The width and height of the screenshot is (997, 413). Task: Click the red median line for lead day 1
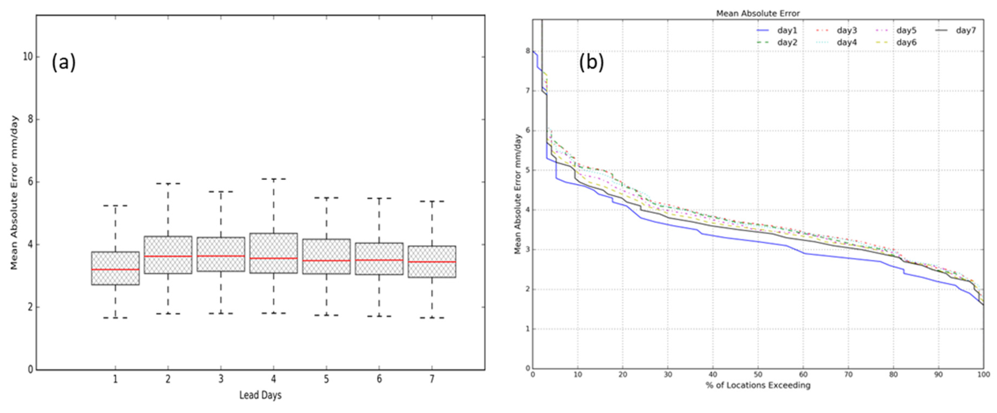click(x=115, y=269)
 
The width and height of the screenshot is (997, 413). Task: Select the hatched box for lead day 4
click(x=274, y=253)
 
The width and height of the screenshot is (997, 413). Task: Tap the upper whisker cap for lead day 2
click(x=168, y=184)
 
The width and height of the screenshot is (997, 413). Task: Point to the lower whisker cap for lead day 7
click(x=432, y=318)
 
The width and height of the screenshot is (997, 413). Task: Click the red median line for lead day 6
click(x=379, y=260)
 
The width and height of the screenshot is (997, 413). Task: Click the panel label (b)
click(x=591, y=62)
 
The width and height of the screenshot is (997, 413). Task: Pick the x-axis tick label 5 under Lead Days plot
click(x=326, y=379)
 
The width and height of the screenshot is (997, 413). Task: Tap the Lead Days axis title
click(x=260, y=395)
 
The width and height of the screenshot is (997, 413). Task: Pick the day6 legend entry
click(x=906, y=42)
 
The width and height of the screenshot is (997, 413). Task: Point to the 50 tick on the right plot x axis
click(x=758, y=375)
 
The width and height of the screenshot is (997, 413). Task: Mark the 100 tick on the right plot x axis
click(x=983, y=375)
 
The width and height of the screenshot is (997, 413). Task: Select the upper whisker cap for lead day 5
click(x=326, y=198)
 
